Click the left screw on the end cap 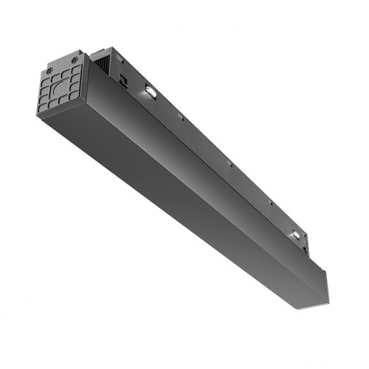pos(49,72)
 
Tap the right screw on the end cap pos(75,59)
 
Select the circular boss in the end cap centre pos(63,87)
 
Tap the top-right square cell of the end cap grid pos(76,69)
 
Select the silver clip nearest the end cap pos(149,92)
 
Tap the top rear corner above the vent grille pos(94,52)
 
